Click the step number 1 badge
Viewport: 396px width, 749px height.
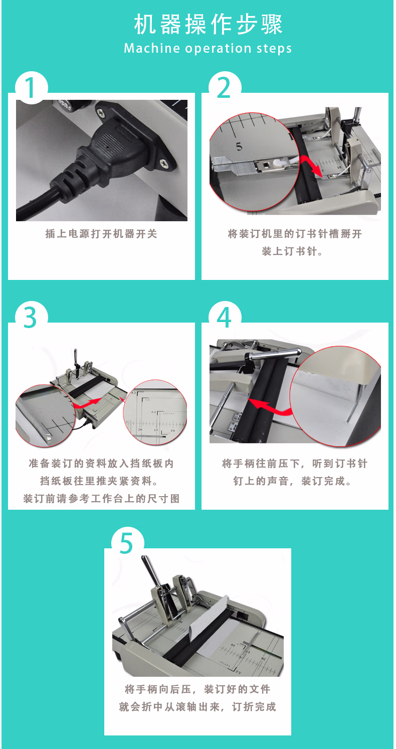[x=32, y=88]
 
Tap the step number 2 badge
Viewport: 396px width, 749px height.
[x=225, y=88]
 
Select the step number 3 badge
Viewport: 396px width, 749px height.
[x=32, y=318]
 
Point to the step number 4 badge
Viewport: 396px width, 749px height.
[x=225, y=318]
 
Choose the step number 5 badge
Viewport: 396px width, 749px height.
[x=127, y=543]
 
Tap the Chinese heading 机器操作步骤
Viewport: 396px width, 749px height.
[x=208, y=25]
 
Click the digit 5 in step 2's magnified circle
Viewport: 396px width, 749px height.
[x=239, y=146]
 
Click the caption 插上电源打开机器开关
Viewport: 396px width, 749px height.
[x=101, y=234]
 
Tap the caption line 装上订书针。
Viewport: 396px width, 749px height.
[x=293, y=251]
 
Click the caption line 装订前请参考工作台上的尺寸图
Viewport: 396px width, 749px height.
[x=101, y=499]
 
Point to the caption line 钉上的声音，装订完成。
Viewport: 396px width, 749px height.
[x=293, y=481]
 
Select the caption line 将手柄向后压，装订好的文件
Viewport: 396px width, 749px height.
[x=197, y=689]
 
